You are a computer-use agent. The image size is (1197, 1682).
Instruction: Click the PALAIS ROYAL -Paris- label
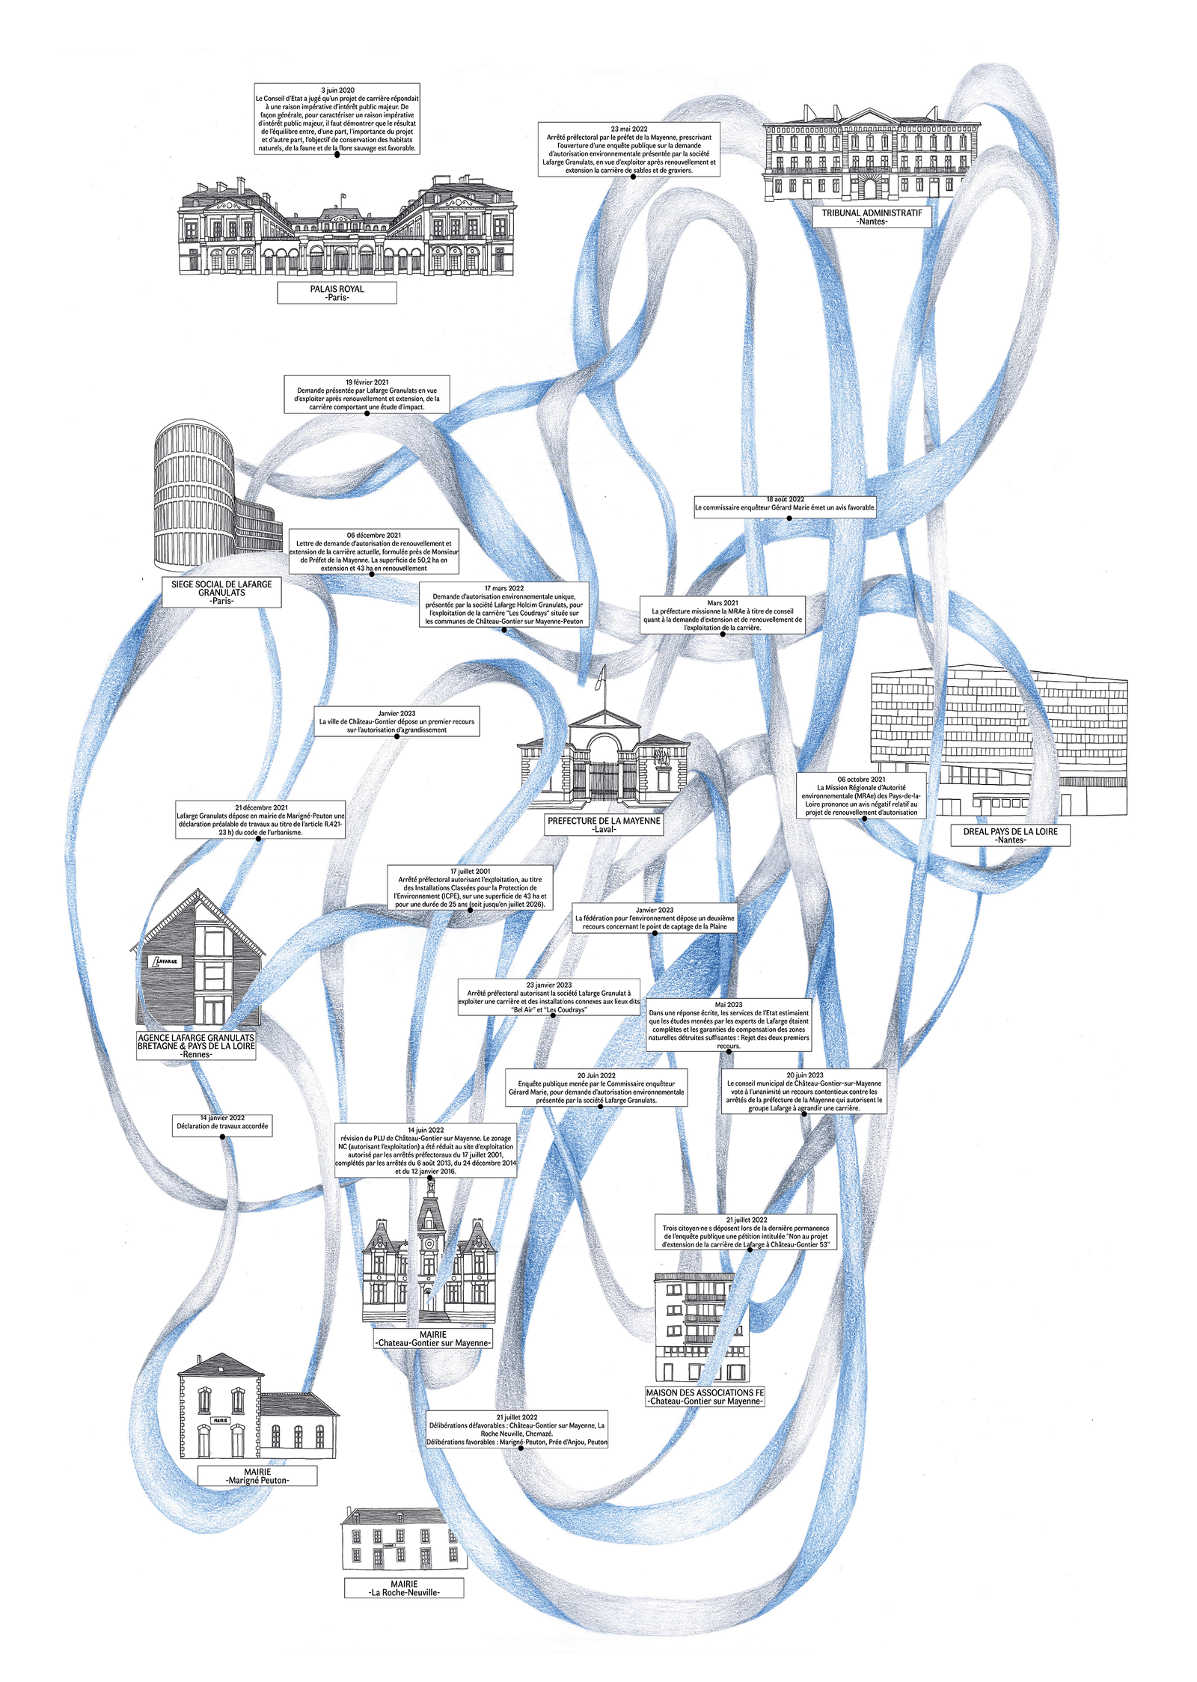337,293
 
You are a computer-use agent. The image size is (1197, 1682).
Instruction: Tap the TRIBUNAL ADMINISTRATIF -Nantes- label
872,217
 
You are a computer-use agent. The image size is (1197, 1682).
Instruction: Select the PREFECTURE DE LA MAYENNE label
604,825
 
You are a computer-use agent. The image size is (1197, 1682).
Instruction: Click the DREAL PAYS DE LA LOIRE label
1010,835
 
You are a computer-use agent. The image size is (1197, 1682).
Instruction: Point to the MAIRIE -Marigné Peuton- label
257,1475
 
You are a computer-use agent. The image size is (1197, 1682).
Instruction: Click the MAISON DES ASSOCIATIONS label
705,1396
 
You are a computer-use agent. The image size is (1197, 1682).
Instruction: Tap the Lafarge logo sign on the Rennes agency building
164,961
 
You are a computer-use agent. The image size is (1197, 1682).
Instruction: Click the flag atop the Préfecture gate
599,679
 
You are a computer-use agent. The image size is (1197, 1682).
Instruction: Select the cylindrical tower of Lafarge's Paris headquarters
193,494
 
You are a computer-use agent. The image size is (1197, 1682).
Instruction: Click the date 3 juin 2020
337,90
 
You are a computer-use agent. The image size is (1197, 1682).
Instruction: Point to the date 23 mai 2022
628,129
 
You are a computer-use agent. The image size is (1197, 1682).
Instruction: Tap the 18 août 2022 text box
785,504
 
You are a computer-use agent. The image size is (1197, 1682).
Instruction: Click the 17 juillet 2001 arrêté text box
471,887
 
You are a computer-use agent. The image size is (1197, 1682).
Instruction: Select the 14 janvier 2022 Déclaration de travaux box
222,1122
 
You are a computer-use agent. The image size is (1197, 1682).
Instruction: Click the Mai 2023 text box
729,1025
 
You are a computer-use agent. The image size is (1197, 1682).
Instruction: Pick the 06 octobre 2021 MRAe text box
861,795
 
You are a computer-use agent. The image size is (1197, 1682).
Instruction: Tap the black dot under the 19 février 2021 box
367,413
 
